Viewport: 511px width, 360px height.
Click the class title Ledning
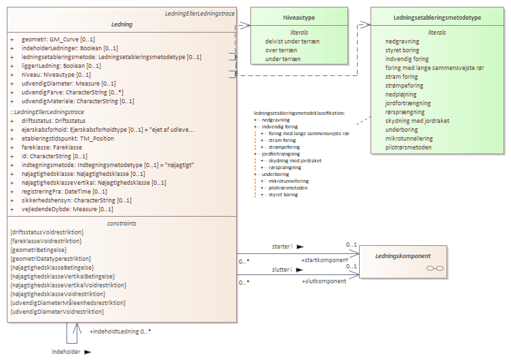coord(121,24)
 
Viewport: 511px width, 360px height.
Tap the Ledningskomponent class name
coord(402,256)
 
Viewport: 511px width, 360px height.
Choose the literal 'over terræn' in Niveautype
coord(282,50)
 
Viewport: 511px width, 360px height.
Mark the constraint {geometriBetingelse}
coord(45,249)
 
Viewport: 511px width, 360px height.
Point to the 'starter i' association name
coord(282,247)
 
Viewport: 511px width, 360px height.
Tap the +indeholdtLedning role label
coord(119,331)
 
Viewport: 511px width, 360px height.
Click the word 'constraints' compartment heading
coord(121,223)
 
